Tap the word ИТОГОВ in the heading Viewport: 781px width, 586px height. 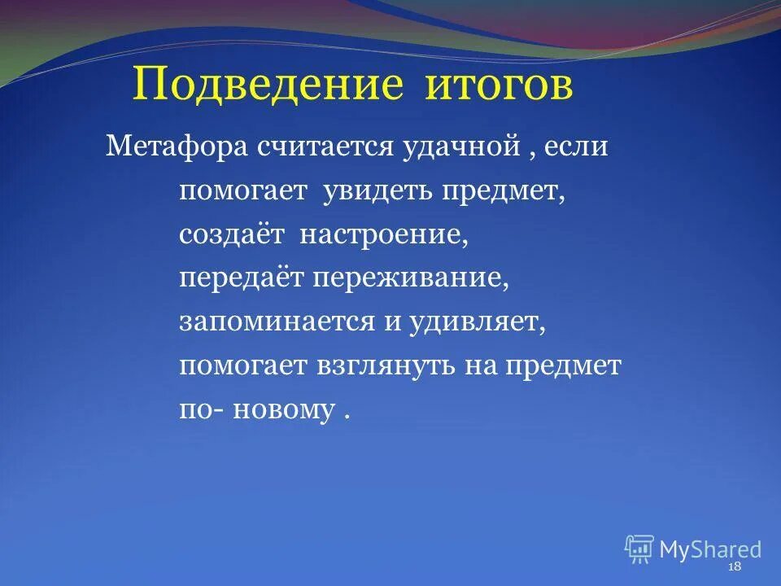pyautogui.click(x=499, y=85)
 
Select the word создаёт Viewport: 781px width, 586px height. pyautogui.click(x=232, y=234)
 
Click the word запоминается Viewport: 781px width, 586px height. pyautogui.click(x=268, y=321)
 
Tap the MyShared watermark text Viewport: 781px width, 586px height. pyautogui.click(x=710, y=549)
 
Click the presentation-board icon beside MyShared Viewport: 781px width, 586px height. pyautogui.click(x=639, y=549)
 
